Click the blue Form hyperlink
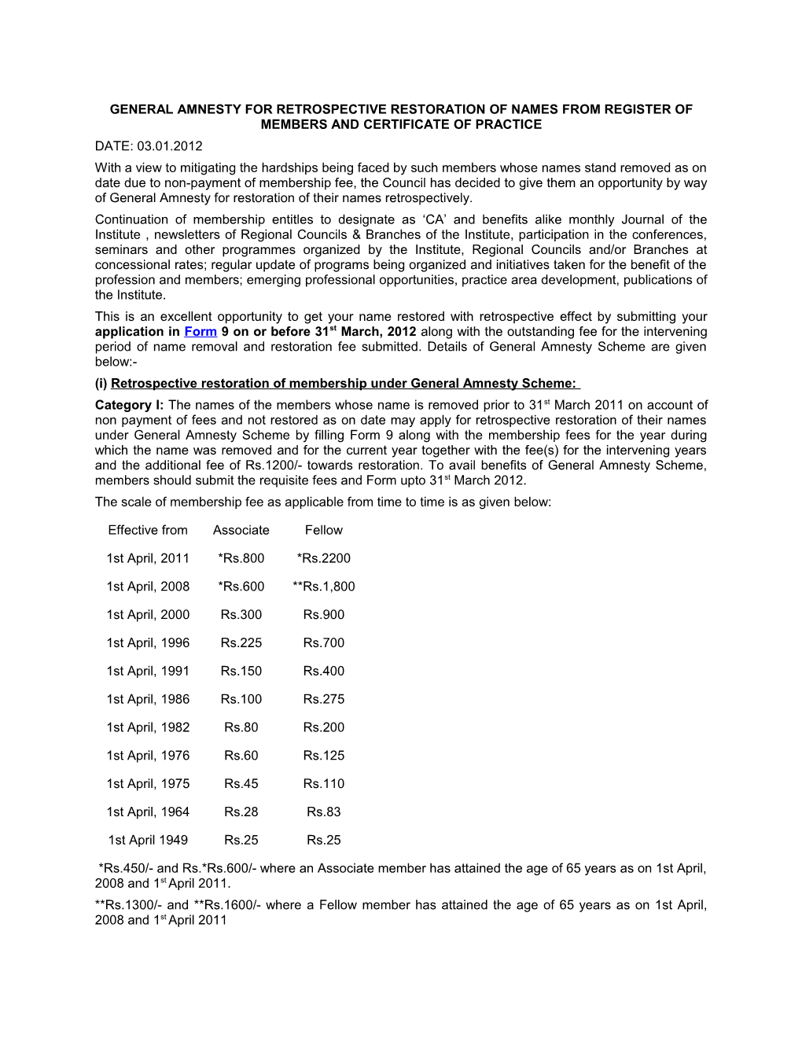200,332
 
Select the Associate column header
241,530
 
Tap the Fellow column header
323,530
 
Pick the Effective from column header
148,530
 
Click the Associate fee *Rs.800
241,558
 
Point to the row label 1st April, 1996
148,642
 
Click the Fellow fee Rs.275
323,699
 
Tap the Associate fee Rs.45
241,783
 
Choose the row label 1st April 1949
148,840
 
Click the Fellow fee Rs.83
323,812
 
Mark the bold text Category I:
129,405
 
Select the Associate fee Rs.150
241,671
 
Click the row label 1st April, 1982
148,727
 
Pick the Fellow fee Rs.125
323,756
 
